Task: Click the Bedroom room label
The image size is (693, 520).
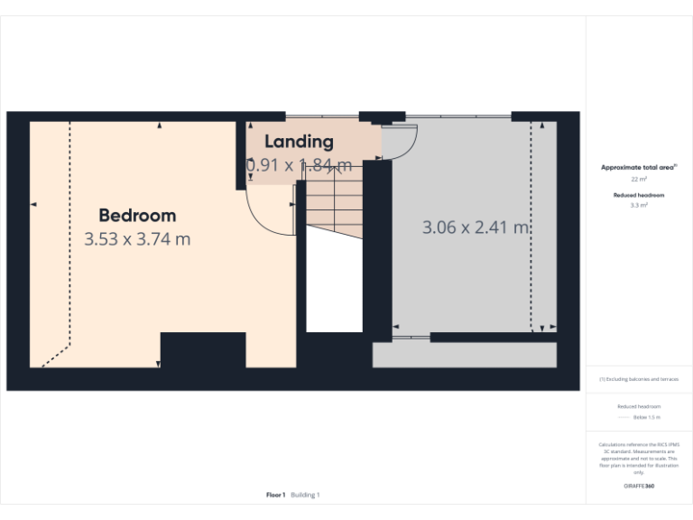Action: coord(137,216)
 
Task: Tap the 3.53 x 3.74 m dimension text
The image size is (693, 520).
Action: coord(137,239)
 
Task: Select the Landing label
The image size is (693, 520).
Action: coord(299,142)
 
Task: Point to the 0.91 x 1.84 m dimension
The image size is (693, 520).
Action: coord(299,165)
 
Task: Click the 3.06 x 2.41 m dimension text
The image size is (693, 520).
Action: coord(476,227)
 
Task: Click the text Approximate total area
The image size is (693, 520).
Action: coord(639,167)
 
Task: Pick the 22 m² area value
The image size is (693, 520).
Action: coord(639,180)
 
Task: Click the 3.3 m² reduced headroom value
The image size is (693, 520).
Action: coord(639,206)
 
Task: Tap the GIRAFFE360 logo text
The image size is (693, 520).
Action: coord(639,486)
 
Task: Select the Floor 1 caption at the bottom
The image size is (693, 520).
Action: coord(275,495)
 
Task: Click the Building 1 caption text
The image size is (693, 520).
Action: coord(305,495)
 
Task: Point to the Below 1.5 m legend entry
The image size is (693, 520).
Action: coord(646,418)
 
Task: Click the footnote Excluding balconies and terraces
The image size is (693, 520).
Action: coord(639,379)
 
